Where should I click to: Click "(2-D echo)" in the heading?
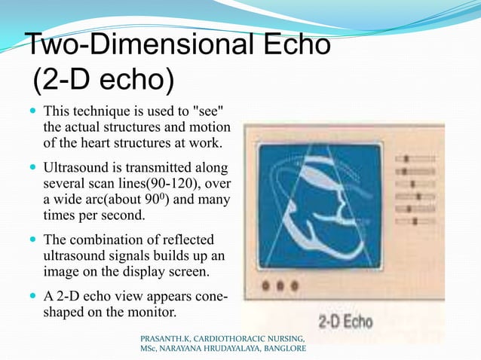103,78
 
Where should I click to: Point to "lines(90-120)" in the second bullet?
162,181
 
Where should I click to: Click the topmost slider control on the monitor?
408,159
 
